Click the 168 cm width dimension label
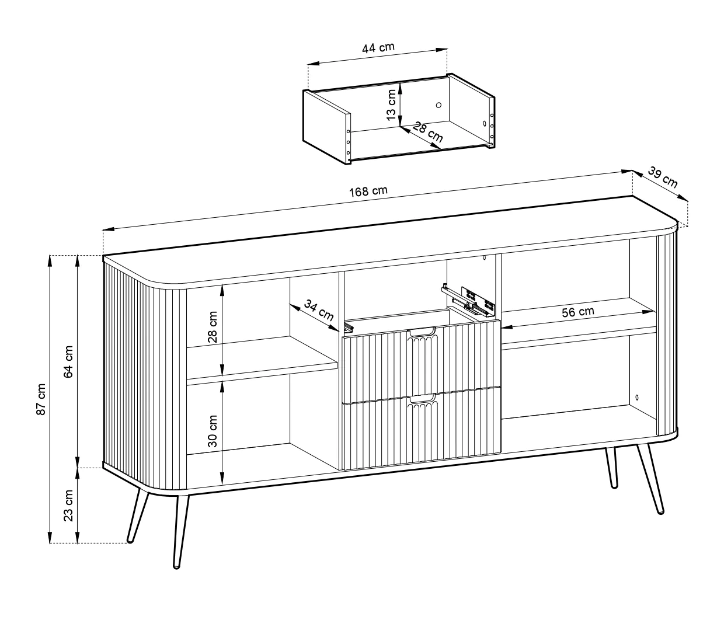(x=368, y=190)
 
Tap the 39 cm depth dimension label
(x=662, y=177)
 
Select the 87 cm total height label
(x=41, y=399)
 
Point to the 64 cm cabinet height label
(x=68, y=361)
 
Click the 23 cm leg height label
(x=68, y=506)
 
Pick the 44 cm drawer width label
(x=378, y=47)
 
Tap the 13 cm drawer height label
(x=391, y=105)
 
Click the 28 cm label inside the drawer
(x=427, y=131)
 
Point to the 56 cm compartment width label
(x=578, y=311)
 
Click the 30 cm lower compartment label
(x=213, y=431)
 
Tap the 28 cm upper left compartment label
(x=213, y=326)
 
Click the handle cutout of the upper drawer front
(x=422, y=332)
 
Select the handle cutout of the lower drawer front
(x=422, y=399)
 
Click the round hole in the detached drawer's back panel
(x=438, y=105)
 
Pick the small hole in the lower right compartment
(x=637, y=398)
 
